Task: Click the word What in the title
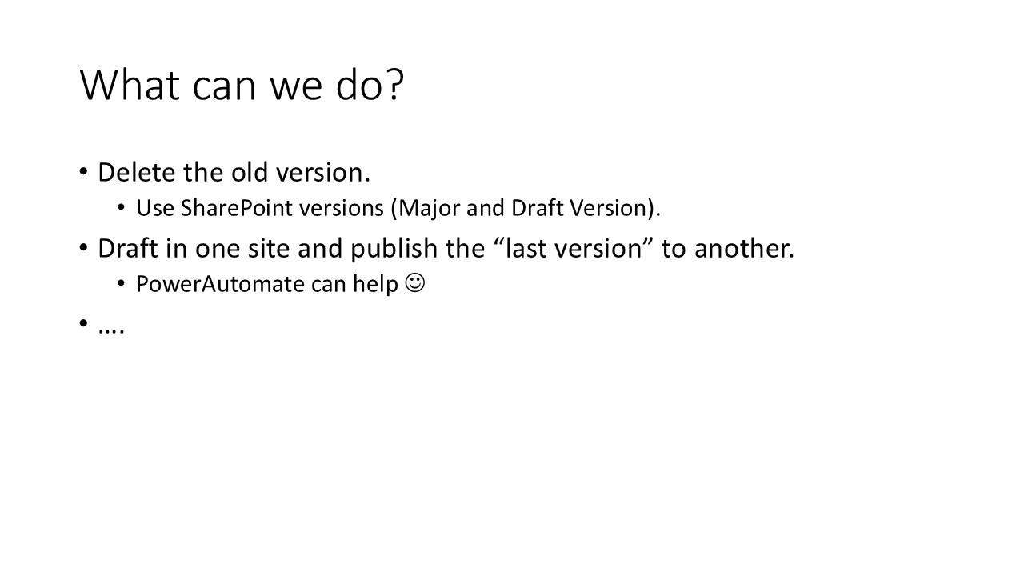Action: pos(130,85)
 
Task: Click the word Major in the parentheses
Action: pos(429,209)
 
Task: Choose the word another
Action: pos(744,249)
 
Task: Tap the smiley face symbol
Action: pos(415,283)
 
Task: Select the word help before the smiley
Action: pos(375,285)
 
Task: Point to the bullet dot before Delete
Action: pos(83,172)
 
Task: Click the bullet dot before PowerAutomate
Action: pos(121,284)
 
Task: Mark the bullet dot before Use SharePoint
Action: pos(121,208)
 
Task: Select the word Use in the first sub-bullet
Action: pos(155,208)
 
